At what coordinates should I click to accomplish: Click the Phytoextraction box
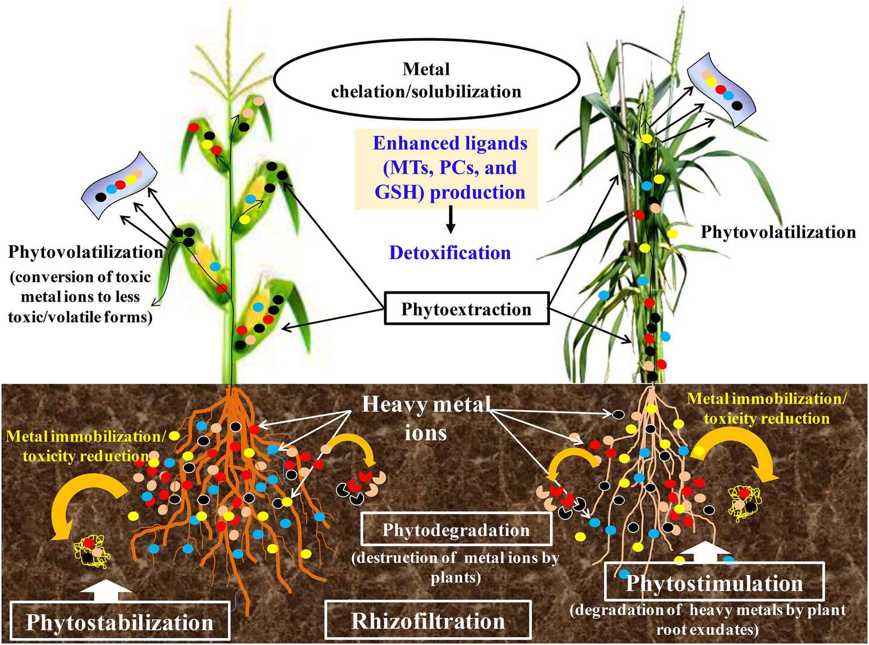pos(466,309)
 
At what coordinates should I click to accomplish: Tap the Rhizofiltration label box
pos(428,621)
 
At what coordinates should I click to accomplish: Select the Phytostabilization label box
pos(119,622)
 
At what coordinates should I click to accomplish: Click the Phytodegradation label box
pos(456,529)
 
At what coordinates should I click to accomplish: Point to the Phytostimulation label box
pos(714,583)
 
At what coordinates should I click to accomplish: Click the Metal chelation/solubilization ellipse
pos(426,80)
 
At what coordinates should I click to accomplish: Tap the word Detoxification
pos(450,252)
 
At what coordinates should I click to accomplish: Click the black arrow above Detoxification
pos(450,220)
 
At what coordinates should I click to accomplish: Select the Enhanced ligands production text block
pos(450,168)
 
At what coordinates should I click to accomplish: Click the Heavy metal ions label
pos(426,418)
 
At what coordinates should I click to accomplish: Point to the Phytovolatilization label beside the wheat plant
pos(778,232)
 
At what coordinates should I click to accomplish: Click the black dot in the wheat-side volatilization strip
pos(737,105)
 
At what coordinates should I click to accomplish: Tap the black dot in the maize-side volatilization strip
pos(101,197)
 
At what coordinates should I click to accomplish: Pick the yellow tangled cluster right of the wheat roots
pos(744,502)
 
